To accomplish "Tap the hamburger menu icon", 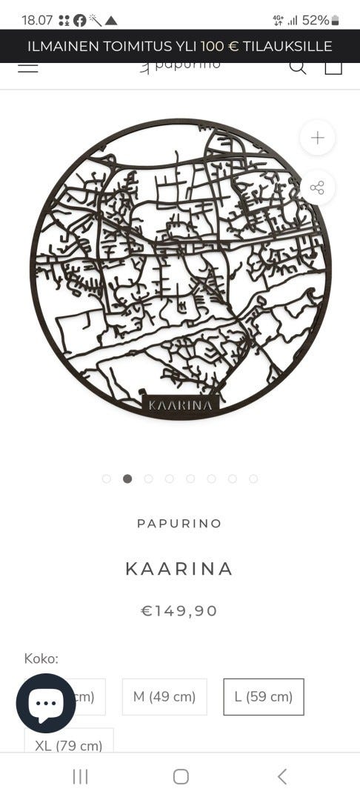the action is click(27, 67).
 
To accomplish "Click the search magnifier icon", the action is click(297, 67).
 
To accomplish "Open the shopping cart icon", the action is click(333, 67).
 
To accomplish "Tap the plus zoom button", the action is click(317, 138).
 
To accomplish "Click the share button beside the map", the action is click(317, 187).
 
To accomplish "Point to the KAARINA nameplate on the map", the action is click(181, 404).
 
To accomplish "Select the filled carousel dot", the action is click(127, 479).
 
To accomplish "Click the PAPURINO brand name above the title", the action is click(179, 523).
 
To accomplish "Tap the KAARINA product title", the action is click(179, 568).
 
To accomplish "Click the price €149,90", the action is click(179, 610).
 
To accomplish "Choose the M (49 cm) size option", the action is click(164, 696).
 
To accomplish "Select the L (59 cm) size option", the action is click(264, 696).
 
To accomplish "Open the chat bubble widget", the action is click(46, 703).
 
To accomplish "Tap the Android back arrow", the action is click(281, 776).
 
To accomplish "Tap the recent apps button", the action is click(80, 776).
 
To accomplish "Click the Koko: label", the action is click(41, 658).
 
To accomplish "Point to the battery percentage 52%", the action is click(316, 20).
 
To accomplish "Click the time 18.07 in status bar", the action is click(37, 20).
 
